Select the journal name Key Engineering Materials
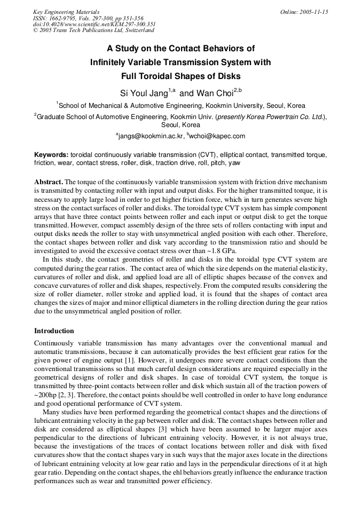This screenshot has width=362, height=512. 66,12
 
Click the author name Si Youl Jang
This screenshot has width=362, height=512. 144,92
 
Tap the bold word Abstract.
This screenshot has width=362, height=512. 49,182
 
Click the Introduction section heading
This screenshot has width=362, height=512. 54,330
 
